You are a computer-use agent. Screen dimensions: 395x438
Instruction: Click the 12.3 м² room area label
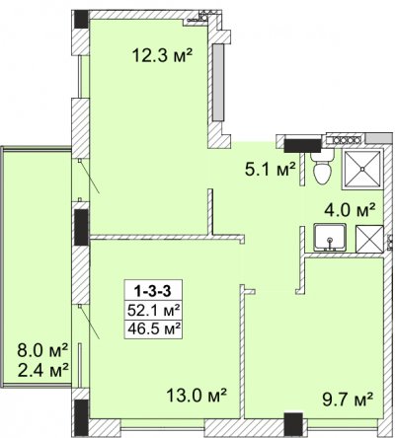coord(162,55)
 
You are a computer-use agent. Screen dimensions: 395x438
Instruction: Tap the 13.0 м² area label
coord(197,395)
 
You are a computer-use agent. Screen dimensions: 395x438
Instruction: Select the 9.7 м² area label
coord(347,400)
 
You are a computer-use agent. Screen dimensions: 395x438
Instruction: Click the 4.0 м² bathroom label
coord(350,210)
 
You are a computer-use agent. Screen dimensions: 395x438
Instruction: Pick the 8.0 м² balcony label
coord(42,351)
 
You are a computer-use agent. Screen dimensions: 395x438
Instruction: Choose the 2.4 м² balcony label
coord(42,371)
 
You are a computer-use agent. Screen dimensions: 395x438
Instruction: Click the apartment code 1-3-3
coord(153,291)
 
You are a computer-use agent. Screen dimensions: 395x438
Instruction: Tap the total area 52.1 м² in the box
coord(153,310)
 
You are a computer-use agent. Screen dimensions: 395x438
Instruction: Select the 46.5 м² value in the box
coord(153,328)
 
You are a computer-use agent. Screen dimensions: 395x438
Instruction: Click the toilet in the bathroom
coord(323,168)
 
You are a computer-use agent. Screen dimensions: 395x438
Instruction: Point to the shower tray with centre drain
coord(362,169)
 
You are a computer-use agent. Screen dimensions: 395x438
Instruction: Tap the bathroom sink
coord(330,238)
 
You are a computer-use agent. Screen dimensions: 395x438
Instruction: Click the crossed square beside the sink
coord(370,239)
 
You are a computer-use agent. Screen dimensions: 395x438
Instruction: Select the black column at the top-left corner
coord(81,20)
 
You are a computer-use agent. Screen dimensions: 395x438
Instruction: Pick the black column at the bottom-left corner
coord(81,417)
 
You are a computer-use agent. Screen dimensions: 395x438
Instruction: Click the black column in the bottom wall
coord(293,424)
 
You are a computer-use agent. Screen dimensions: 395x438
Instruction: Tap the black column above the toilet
coord(302,146)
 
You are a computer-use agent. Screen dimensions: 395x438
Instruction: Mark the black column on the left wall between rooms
coord(81,227)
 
